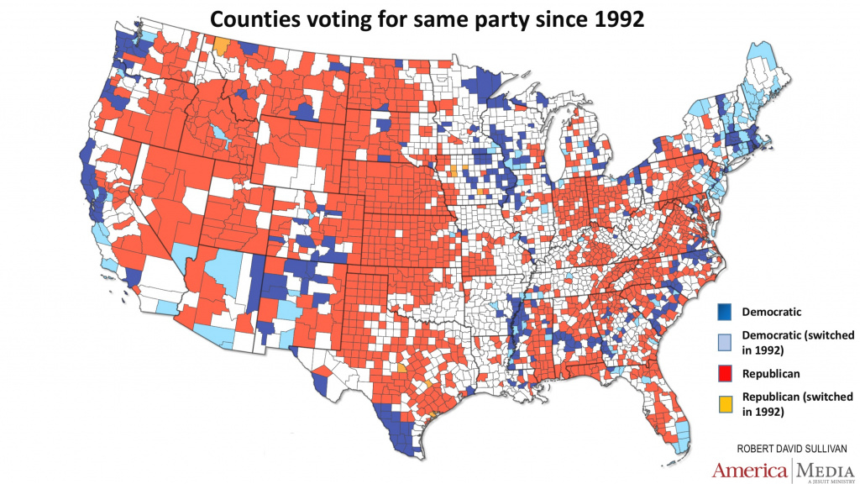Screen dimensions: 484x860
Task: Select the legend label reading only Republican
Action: click(x=769, y=372)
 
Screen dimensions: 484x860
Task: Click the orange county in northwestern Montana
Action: click(x=222, y=45)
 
